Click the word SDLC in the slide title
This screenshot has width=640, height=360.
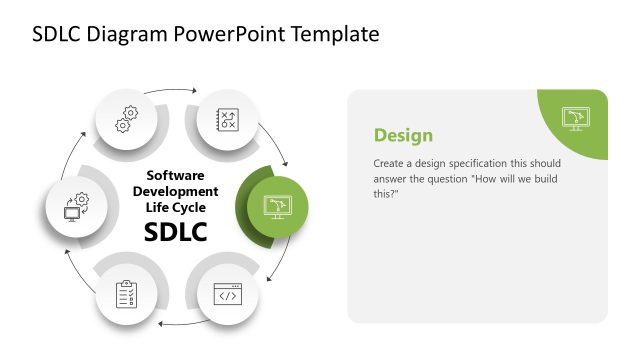point(58,34)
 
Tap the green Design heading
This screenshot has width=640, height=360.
point(403,135)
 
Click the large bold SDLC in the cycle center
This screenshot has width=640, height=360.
point(176,232)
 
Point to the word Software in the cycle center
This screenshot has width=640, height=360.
point(176,175)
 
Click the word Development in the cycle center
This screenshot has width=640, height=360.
point(176,191)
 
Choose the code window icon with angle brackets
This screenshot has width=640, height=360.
point(227,294)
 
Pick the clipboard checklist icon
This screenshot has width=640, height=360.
point(128,294)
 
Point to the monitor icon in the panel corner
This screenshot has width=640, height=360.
point(575,119)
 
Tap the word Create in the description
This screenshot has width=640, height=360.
point(390,163)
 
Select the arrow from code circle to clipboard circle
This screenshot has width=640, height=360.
point(177,323)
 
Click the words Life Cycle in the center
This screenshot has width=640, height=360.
point(176,207)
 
